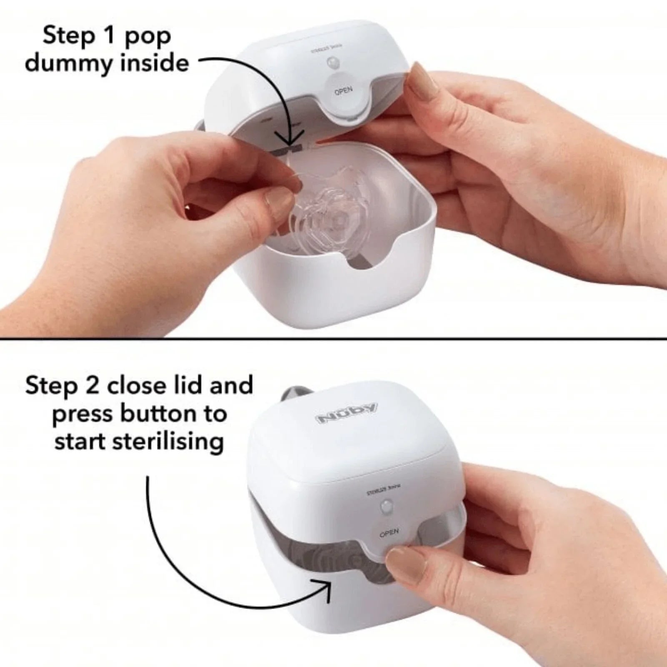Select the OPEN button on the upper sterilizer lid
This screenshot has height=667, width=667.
point(343,90)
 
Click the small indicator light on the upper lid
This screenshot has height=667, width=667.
point(332,63)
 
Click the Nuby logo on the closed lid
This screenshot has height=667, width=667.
point(347,414)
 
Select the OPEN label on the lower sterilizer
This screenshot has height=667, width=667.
point(389,533)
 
